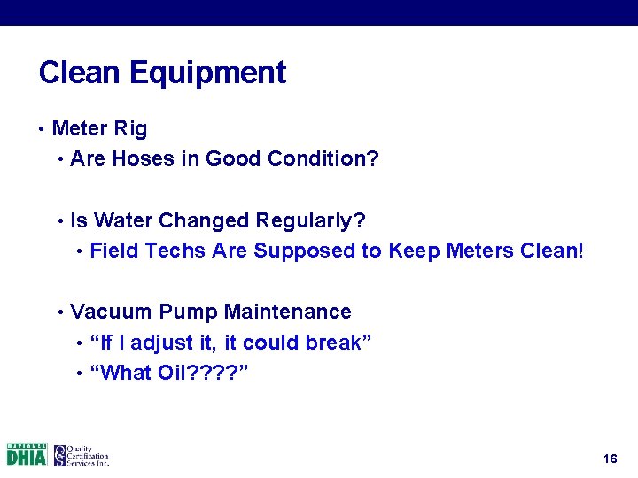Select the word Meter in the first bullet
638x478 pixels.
tap(80, 129)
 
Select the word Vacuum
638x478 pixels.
tap(111, 312)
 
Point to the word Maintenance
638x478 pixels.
tap(287, 312)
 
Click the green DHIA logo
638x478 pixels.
tap(27, 455)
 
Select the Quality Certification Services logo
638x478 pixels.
tap(81, 455)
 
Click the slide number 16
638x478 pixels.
tap(609, 459)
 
